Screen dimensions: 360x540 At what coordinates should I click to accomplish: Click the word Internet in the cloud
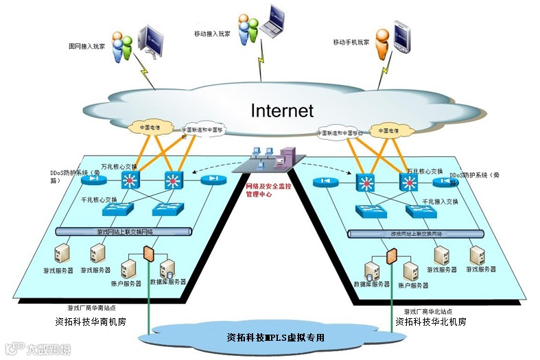point(281,110)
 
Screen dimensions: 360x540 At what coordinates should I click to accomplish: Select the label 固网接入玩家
point(86,47)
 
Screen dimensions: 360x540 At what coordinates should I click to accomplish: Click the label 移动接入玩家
point(213,33)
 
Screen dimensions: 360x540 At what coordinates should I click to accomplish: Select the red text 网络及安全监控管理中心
point(270,190)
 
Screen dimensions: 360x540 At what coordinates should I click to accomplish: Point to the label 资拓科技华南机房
point(90,321)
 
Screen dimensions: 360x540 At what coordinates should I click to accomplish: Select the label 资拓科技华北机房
point(431,321)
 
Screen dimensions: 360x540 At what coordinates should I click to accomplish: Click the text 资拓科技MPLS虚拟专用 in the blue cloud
point(275,337)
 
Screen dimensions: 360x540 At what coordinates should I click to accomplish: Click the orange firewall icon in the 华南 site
point(148,253)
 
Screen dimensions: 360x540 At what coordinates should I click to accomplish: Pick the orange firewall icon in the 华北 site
point(391,257)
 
